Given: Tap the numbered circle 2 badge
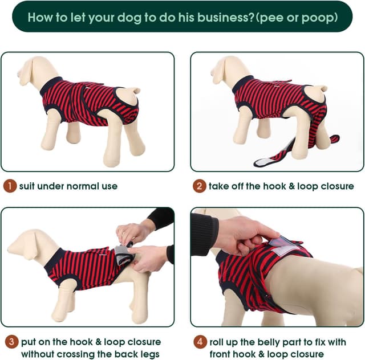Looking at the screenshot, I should [x=199, y=186].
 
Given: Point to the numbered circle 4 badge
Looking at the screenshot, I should [x=199, y=342].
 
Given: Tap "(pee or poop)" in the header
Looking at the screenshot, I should [x=296, y=17].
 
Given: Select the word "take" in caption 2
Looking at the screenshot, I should [x=220, y=186].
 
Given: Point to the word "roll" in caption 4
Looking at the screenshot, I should [x=218, y=342].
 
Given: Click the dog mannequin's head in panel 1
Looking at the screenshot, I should [x=30, y=71].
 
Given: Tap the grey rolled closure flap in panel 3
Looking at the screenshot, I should [x=123, y=255].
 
